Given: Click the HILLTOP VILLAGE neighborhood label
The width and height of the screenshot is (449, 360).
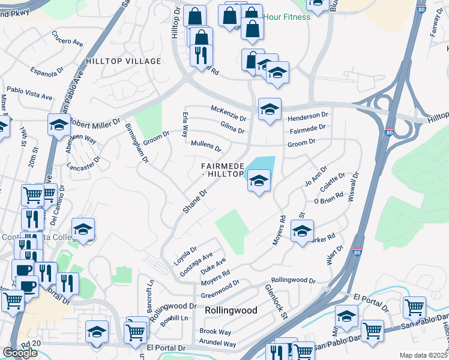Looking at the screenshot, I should coord(124,61).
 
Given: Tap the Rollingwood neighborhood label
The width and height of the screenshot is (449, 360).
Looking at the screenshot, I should coord(231,311).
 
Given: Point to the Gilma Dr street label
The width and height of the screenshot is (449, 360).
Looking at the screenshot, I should coord(232,127).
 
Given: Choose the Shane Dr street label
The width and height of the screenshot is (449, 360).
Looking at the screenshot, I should coord(194,201).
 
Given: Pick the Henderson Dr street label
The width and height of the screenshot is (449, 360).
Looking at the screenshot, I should coord(307,115).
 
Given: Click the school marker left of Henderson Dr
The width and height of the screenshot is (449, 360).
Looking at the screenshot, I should coord(270,109).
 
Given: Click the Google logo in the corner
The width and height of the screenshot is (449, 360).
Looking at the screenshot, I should coord(20,353).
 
